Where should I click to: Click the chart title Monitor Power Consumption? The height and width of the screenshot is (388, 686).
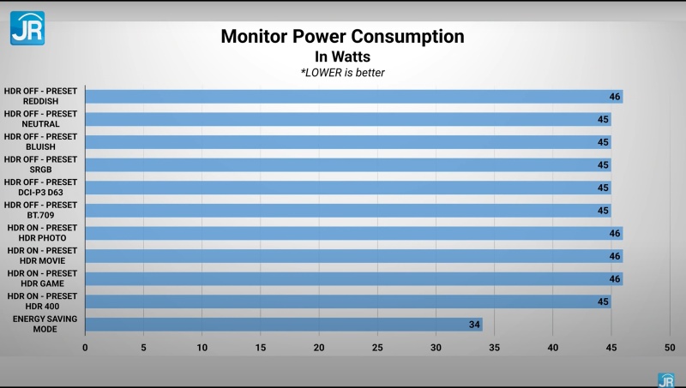342,37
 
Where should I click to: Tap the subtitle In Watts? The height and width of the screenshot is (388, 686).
342,57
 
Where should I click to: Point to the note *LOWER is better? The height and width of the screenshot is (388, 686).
342,73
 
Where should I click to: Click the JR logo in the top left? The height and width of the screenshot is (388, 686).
27,27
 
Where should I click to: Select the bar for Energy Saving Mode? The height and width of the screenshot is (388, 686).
283,325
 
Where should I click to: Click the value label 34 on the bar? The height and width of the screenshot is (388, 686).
474,325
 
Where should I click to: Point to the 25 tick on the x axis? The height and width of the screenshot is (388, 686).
377,348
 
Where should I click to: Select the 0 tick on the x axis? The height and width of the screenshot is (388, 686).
85,348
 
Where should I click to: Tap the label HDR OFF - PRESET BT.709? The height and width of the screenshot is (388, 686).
40,210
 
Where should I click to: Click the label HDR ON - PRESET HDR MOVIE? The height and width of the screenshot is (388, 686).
40,255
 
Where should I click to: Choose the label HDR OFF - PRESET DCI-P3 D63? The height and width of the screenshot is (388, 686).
40,187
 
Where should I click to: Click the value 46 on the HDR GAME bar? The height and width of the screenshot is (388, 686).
615,279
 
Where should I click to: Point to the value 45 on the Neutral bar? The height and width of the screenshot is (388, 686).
603,120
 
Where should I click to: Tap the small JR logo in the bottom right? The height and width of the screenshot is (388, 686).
665,379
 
